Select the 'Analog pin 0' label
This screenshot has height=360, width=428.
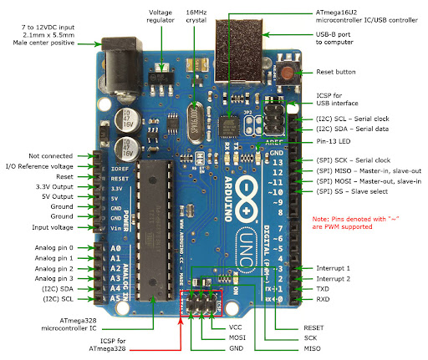coord(52,248)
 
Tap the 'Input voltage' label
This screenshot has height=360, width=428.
coord(53,227)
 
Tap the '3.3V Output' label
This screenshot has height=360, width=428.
coord(53,186)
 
